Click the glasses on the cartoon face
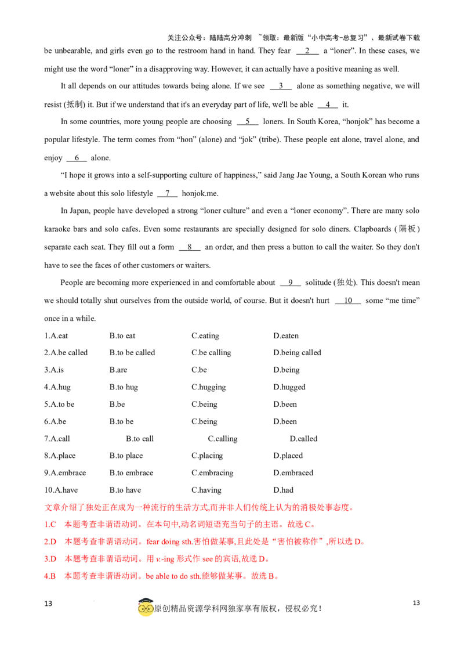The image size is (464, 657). coord(146,608)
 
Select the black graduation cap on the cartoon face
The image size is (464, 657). coord(146,599)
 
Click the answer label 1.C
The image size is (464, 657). coord(48,525)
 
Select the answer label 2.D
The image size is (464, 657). coord(48,542)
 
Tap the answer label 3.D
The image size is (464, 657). coord(48,559)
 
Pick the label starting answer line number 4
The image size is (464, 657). coord(48,576)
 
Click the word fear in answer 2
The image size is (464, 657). coord(150,542)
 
